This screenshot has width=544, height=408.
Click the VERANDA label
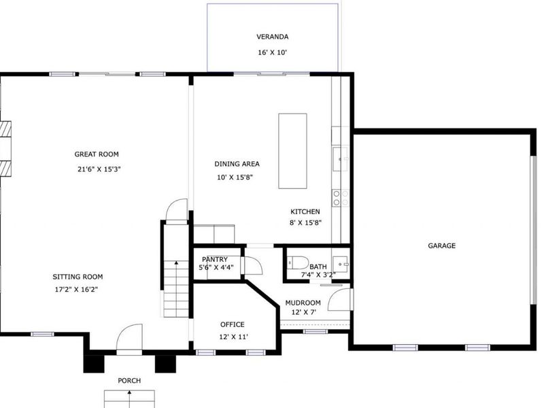coord(272,37)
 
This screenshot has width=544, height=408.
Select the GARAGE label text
coord(441,245)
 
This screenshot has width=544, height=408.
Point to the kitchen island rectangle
coord(292,150)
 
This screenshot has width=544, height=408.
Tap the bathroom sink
coord(343,262)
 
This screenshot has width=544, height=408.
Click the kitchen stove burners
coord(340,197)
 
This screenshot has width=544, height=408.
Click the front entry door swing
coord(129,339)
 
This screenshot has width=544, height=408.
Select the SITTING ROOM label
coord(78,277)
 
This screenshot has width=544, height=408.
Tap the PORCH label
coord(129,381)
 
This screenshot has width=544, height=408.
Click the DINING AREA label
coord(237,164)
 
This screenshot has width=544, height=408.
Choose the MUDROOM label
coord(303,303)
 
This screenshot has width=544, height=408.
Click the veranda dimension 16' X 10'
coord(272,52)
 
